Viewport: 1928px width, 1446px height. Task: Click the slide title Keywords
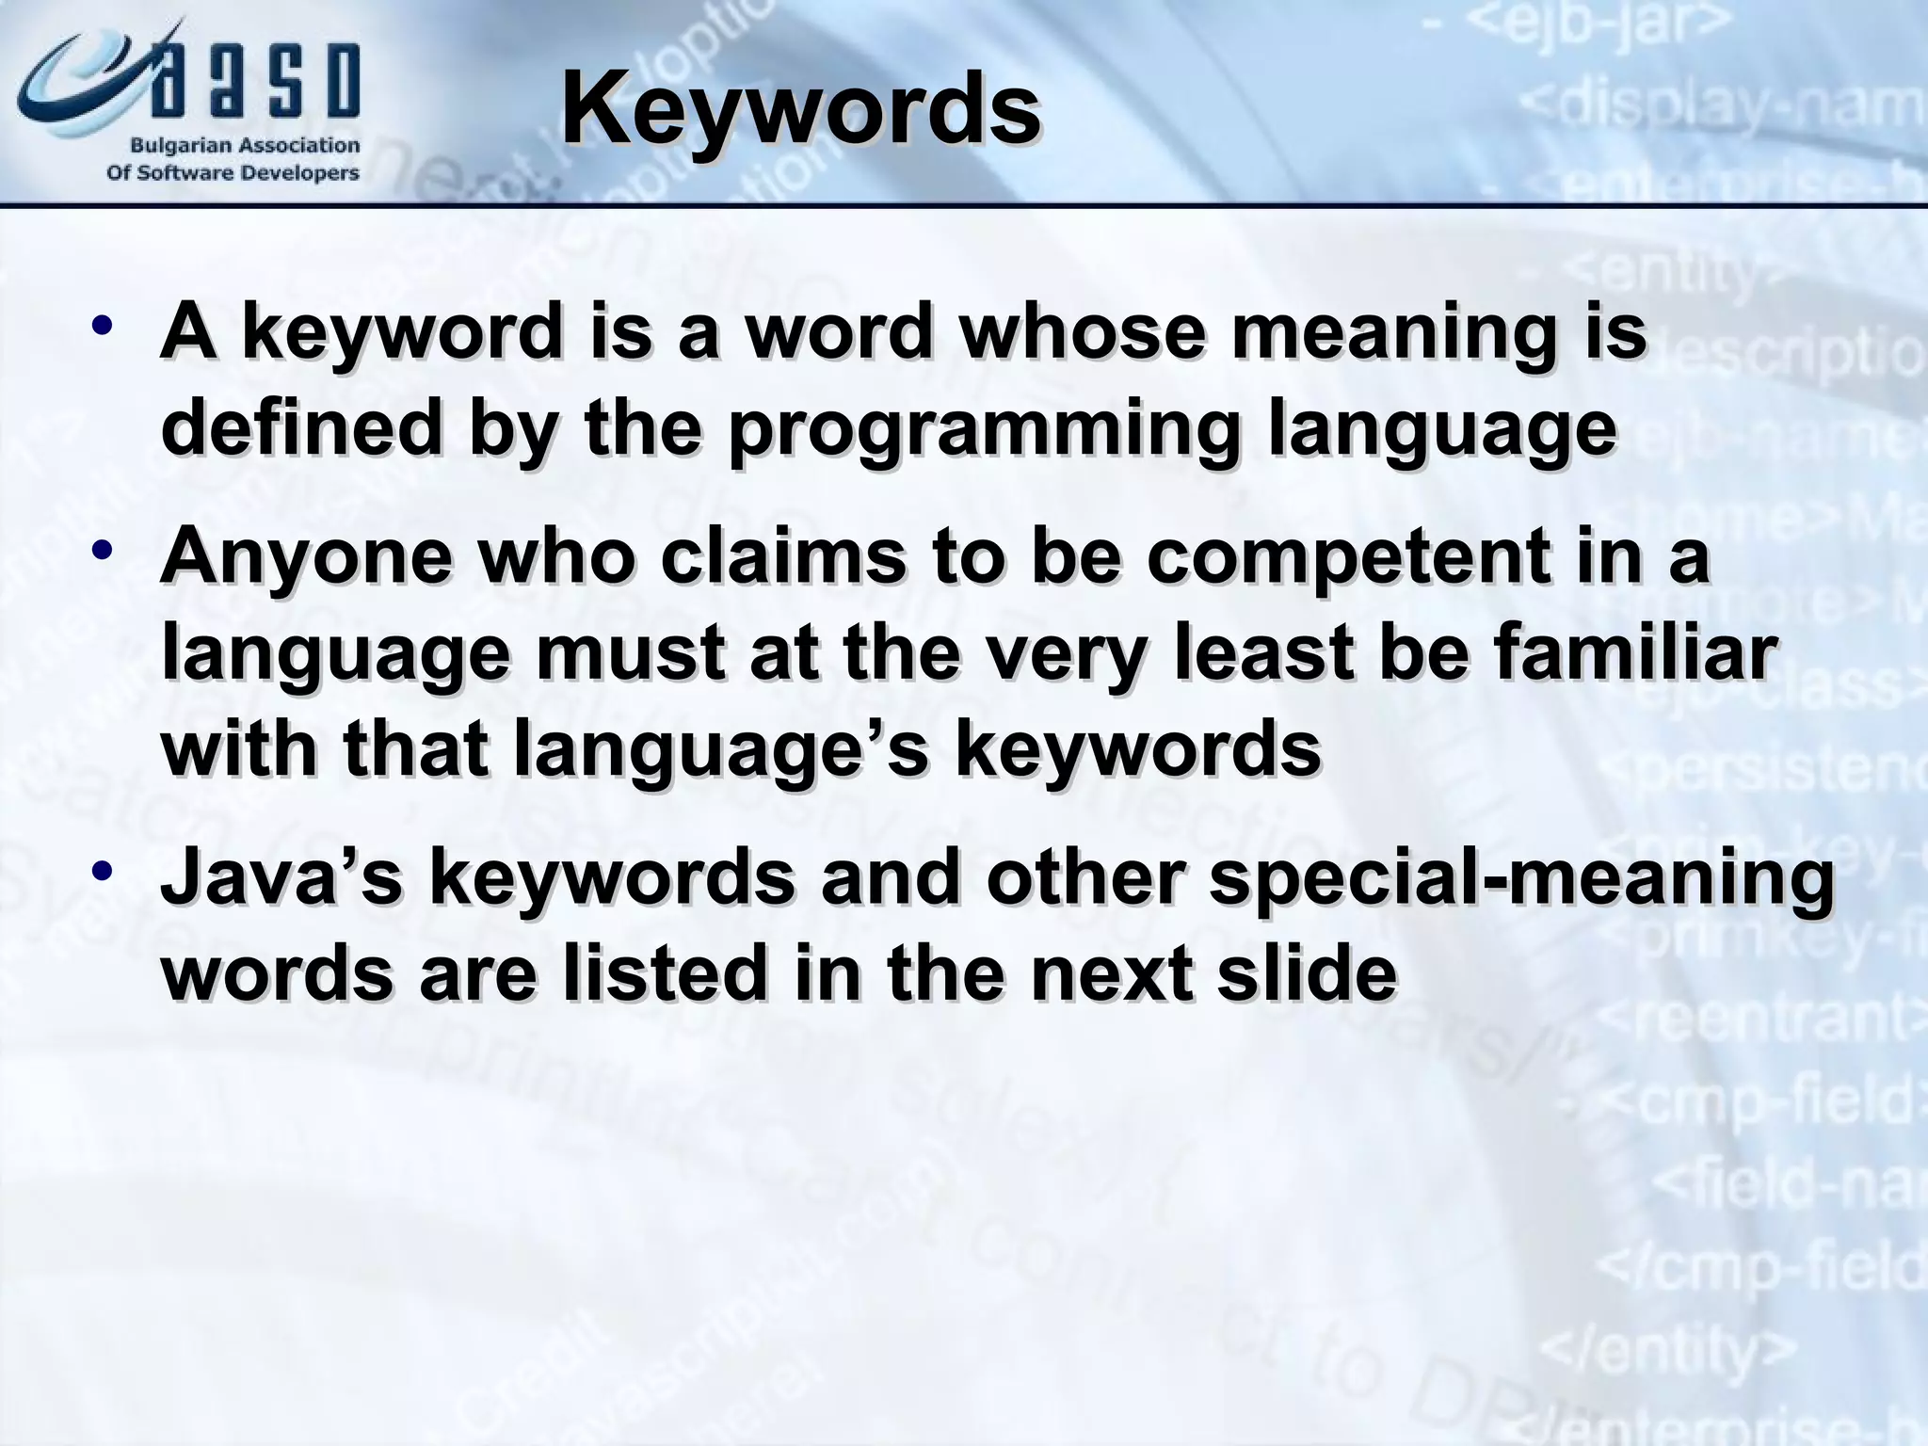tap(800, 111)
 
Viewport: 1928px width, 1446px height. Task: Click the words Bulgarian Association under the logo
tap(244, 146)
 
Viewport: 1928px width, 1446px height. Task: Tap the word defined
tap(300, 429)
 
